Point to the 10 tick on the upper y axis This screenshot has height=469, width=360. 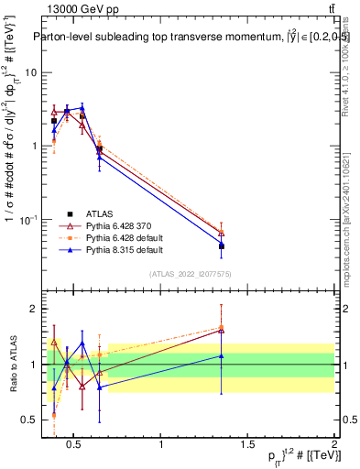pos(30,72)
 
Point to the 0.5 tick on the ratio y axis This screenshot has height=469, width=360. pos(30,420)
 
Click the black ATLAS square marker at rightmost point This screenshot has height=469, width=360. pos(222,246)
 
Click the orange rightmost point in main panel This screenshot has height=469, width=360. pos(222,233)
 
